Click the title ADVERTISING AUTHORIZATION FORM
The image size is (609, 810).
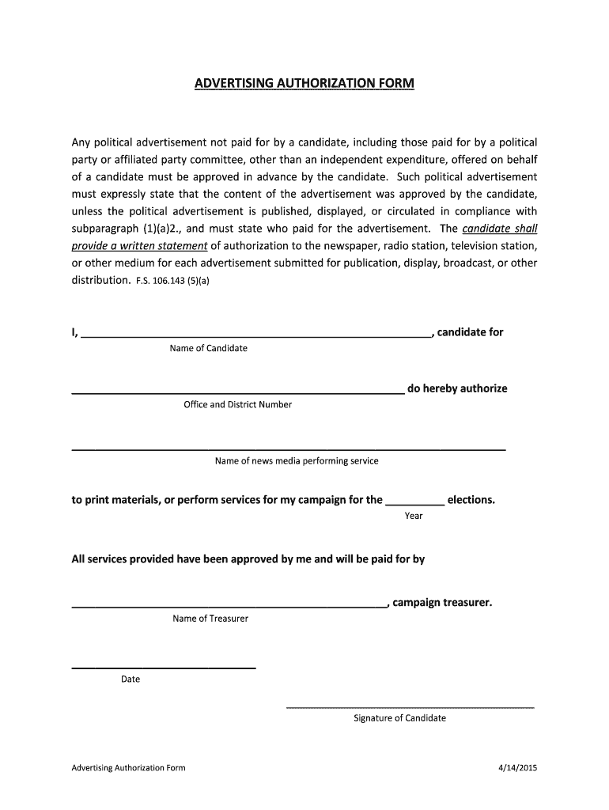304,83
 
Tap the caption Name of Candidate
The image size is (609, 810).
208,349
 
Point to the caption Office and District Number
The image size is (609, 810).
237,405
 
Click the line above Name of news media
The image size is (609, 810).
289,449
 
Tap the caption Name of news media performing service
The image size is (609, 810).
297,461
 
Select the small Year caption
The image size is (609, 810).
414,516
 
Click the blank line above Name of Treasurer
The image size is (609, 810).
229,607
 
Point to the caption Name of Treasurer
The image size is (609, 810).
210,619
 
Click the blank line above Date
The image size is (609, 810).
164,668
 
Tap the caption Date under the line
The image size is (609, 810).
130,679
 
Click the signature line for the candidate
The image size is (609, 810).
409,706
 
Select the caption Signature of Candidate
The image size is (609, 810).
399,718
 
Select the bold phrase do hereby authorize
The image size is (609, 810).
457,388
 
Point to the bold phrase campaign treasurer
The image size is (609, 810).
442,603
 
